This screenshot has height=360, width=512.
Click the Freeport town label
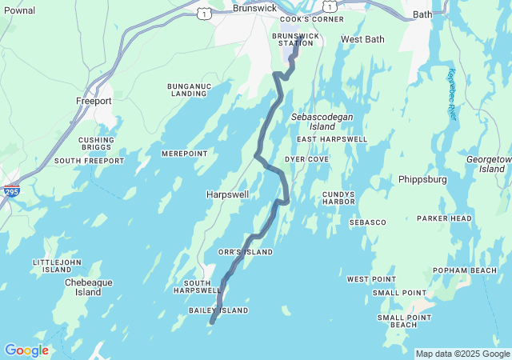(x=94, y=102)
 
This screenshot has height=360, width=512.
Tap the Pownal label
(x=18, y=10)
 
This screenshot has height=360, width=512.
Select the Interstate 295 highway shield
(x=11, y=192)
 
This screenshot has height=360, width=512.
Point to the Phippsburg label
(x=422, y=179)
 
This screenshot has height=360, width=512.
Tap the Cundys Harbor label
(x=338, y=198)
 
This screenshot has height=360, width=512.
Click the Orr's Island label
(x=246, y=252)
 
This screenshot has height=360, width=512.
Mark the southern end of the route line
(x=212, y=322)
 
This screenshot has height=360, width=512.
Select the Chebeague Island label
(x=89, y=287)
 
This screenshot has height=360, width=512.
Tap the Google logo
(x=26, y=350)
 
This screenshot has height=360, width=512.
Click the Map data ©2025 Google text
(x=462, y=354)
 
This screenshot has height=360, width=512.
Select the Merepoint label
(x=184, y=154)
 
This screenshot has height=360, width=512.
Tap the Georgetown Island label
(x=488, y=164)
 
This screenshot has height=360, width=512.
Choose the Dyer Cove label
(x=306, y=159)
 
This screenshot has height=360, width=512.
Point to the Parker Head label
(x=444, y=218)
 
